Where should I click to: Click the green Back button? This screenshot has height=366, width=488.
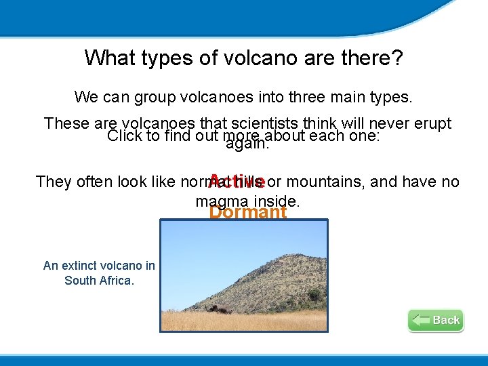click(x=436, y=320)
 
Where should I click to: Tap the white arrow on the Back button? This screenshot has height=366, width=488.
click(x=421, y=320)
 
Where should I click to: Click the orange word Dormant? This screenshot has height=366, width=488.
click(x=247, y=213)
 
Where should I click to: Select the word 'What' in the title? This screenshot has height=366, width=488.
click(x=110, y=58)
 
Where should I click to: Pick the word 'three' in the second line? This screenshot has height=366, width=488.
click(x=308, y=97)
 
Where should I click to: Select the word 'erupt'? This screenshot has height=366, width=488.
click(x=432, y=123)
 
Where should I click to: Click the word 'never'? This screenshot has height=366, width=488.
click(x=389, y=123)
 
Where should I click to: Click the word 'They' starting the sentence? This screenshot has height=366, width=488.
click(x=54, y=182)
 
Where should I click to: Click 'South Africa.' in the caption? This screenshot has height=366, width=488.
click(x=99, y=281)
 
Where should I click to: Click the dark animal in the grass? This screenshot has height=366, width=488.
click(x=220, y=309)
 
